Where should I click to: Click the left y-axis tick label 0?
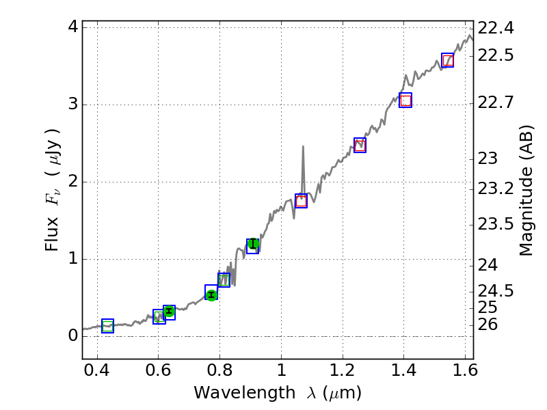[x=72, y=336]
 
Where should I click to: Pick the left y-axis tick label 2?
[x=72, y=182]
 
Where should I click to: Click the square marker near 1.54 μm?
[x=447, y=60]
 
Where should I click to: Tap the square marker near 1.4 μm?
[x=405, y=100]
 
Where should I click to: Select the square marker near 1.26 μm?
[x=360, y=145]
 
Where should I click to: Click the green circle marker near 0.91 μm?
[x=253, y=244]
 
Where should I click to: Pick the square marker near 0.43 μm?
[x=107, y=326]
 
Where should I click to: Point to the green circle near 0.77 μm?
[x=211, y=295]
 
